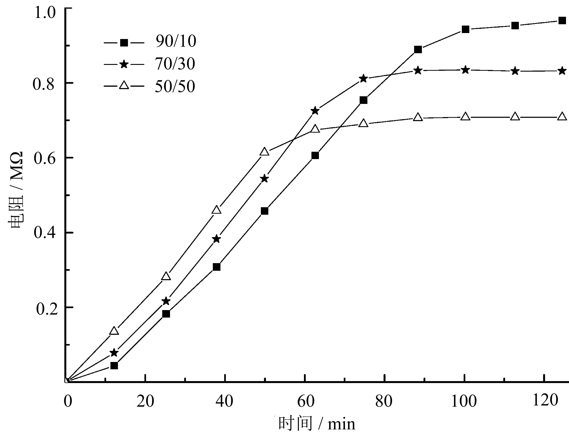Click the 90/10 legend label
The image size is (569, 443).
(176, 41)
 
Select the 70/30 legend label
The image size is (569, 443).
(175, 64)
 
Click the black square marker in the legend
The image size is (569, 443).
(124, 42)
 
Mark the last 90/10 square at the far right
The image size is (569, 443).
(562, 21)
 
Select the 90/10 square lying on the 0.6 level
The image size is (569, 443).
(315, 155)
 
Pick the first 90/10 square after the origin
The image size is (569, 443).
(114, 366)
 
